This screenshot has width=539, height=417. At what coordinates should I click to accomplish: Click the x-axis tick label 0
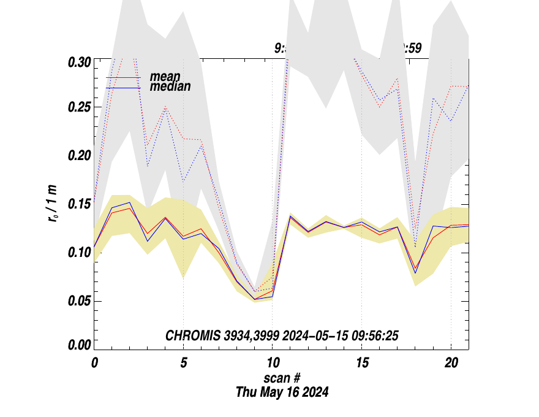[x=94, y=362]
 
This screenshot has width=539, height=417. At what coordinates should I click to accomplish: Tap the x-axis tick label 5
[x=183, y=362]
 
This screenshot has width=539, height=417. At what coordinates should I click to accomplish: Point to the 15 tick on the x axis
[x=361, y=362]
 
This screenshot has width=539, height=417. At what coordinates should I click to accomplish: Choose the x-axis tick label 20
[x=450, y=362]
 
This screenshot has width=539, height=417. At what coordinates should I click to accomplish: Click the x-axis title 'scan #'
[x=282, y=378]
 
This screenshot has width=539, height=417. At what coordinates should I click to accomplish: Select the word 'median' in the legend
[x=170, y=87]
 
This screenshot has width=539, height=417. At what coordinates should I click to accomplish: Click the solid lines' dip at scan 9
[x=255, y=299]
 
